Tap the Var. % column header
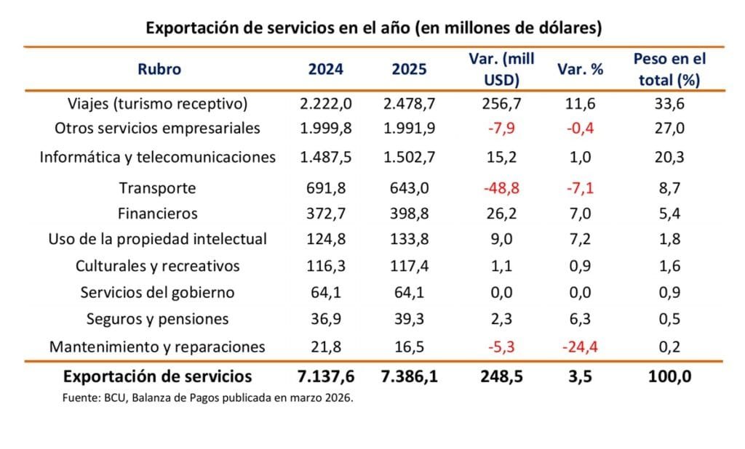(x=580, y=70)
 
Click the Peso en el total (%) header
(x=669, y=69)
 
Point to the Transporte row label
(x=157, y=188)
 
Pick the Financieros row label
(x=157, y=214)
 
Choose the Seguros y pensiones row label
(x=157, y=319)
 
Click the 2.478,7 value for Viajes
(x=410, y=104)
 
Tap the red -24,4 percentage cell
(x=579, y=347)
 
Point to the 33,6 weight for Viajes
(x=669, y=104)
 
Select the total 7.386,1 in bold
(x=410, y=376)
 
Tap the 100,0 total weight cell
(x=669, y=376)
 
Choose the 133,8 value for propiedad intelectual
(x=410, y=239)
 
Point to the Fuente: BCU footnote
(x=207, y=398)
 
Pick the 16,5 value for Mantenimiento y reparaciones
(x=410, y=347)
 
